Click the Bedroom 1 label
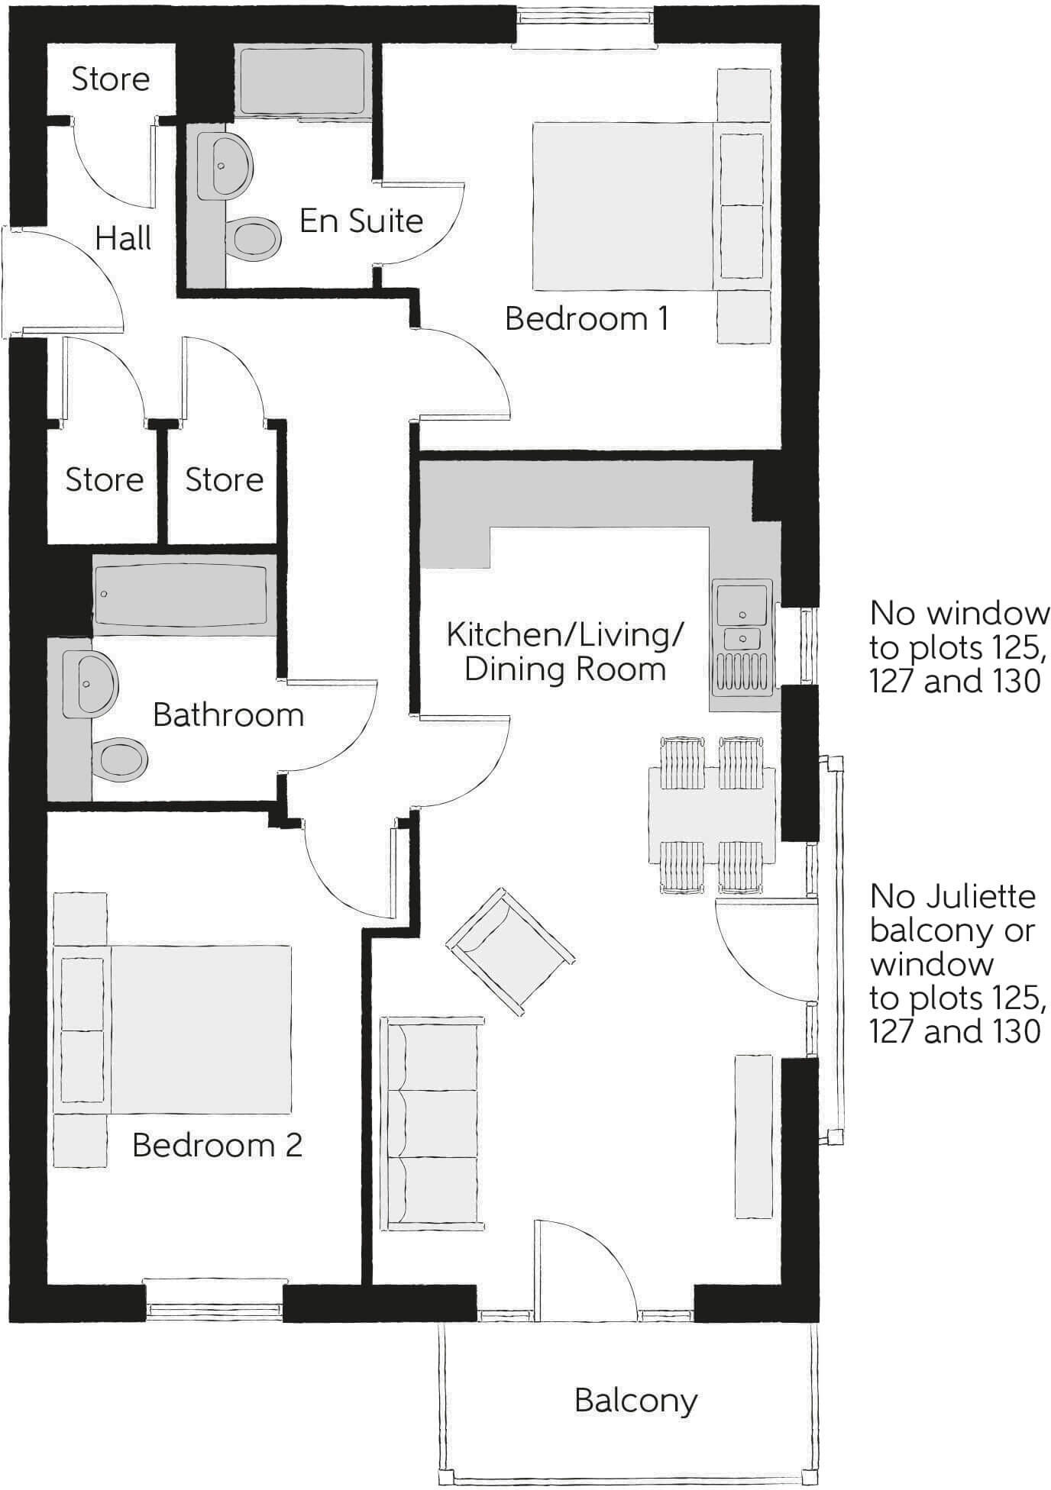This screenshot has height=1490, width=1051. coord(587,318)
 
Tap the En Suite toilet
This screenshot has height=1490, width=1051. coord(254,239)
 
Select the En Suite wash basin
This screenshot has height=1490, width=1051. coord(225,166)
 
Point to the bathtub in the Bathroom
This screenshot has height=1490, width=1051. coord(183,594)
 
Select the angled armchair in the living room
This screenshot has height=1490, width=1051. coord(509,951)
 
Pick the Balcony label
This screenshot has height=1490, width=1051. coord(635,1401)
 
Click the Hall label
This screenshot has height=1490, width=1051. coord(123,239)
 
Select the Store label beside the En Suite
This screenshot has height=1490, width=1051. coord(110,79)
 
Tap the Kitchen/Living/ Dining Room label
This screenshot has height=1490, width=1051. coord(565,652)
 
